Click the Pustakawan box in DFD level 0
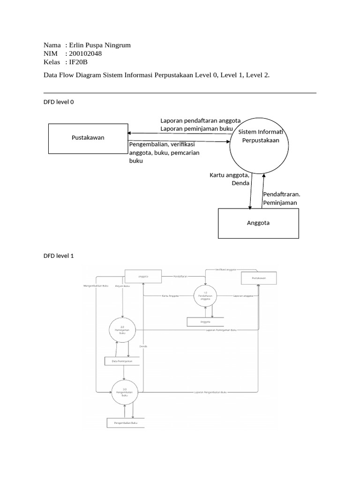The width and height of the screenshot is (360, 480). click(x=88, y=138)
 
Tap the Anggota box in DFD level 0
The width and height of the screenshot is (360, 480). click(x=258, y=223)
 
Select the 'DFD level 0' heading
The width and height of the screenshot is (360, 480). click(x=58, y=102)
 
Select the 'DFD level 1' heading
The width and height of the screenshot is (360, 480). click(x=58, y=256)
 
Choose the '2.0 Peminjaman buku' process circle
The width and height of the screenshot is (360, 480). click(x=122, y=330)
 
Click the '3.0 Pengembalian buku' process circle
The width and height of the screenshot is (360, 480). click(x=125, y=392)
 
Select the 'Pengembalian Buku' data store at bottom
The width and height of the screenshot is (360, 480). click(x=126, y=423)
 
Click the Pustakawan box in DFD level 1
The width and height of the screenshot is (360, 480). click(x=259, y=278)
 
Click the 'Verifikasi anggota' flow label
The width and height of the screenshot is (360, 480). click(x=226, y=270)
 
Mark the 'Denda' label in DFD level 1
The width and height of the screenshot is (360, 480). click(x=143, y=346)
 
